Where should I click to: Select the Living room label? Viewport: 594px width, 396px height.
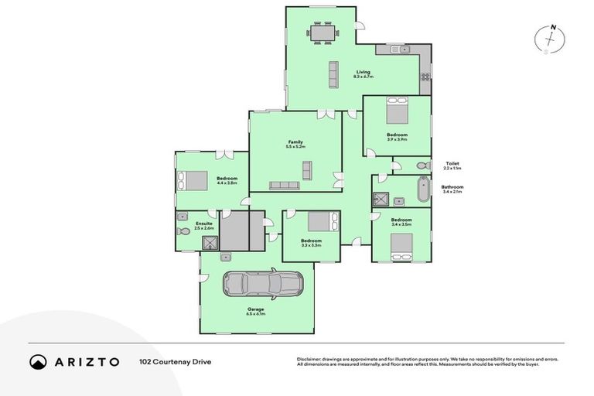(364, 74)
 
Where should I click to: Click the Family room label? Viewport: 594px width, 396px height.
(295, 143)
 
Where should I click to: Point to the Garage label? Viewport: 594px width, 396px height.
(256, 311)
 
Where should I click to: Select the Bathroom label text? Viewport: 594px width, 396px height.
(452, 188)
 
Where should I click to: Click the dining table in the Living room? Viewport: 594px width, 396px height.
(321, 32)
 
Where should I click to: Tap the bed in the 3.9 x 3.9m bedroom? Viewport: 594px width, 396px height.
(398, 111)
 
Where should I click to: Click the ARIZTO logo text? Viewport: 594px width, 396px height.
(85, 361)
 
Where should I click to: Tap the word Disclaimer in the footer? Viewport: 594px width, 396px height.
(310, 359)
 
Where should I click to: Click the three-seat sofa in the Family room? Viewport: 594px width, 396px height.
(284, 185)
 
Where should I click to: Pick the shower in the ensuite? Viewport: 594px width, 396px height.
(210, 242)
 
